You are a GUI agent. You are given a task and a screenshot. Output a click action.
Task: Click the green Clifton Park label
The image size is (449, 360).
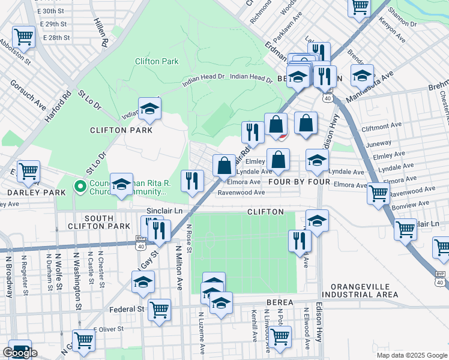pos(157,61)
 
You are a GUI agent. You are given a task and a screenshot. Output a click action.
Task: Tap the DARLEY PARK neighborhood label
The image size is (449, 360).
pos(28,193)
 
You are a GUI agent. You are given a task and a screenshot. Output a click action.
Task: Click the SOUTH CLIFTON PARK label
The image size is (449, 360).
pos(107,221)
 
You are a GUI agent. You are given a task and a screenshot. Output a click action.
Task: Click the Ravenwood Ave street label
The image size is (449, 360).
pos(241,193)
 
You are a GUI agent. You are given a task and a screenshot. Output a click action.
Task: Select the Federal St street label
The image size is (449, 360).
pos(127,310)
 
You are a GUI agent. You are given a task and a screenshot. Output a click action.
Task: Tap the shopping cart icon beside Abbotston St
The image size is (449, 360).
pos(23,37)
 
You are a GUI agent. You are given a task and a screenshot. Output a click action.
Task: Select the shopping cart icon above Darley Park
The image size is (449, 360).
pos(28,172)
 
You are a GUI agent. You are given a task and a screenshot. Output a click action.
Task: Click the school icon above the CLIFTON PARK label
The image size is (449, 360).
pos(149,108)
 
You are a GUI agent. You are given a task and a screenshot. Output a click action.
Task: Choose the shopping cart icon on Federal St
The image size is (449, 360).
pos(159,310)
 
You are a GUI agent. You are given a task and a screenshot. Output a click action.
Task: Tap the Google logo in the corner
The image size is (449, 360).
pos(20,353)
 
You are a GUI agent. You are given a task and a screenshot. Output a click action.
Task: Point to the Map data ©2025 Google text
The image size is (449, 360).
pos(411,355)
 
